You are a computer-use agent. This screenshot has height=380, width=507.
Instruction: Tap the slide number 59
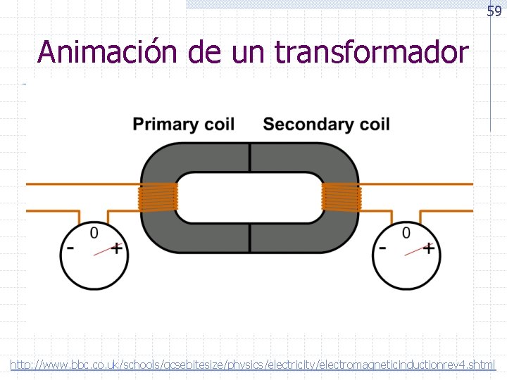tap(494, 11)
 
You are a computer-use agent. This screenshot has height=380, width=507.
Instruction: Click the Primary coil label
tap(184, 125)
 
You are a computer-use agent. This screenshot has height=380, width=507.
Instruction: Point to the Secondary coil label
tap(326, 125)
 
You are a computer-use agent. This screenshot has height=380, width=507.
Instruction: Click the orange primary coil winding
tap(156, 197)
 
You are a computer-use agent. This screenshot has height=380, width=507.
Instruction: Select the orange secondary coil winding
tap(342, 197)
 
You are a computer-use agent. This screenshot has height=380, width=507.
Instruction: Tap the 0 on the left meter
tap(94, 232)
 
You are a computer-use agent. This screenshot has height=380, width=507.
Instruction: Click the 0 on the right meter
tap(406, 232)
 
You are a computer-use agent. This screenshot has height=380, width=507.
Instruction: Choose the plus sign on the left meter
tap(117, 248)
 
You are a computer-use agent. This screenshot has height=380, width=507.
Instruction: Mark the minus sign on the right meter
tap(382, 248)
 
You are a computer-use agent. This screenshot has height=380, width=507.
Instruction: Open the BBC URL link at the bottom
tap(253, 365)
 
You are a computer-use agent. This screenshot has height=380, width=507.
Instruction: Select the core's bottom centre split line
tap(249, 239)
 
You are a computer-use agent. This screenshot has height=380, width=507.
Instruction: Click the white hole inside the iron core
tap(249, 197)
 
